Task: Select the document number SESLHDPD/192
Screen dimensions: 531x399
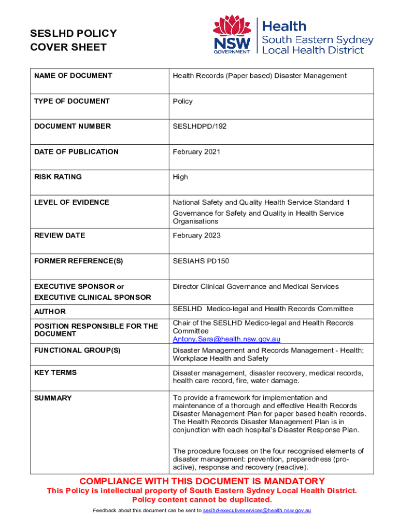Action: coord(199,126)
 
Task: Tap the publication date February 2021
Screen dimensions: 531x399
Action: coord(196,151)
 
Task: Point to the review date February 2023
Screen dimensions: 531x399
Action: coord(196,235)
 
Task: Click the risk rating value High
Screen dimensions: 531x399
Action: coord(180,177)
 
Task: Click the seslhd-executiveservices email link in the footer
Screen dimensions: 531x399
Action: coord(256,511)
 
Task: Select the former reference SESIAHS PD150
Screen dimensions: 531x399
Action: coord(201,261)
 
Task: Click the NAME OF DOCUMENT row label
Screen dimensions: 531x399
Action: coord(73,76)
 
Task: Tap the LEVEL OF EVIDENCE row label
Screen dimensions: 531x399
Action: coord(72,202)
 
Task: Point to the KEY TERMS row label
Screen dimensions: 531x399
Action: coord(55,372)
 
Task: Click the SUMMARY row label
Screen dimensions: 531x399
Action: coord(53,398)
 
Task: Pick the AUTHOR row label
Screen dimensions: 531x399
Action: coord(50,312)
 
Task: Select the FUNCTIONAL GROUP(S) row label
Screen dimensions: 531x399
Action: coord(77,350)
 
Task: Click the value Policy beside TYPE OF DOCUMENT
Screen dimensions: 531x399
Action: coord(182,101)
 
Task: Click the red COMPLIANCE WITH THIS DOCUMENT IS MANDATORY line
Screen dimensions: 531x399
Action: coord(202,481)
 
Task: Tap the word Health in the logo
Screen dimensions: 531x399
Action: coord(284,26)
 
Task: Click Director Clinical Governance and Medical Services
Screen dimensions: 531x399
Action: coord(255,286)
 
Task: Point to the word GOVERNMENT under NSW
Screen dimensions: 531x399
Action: coord(232,51)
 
